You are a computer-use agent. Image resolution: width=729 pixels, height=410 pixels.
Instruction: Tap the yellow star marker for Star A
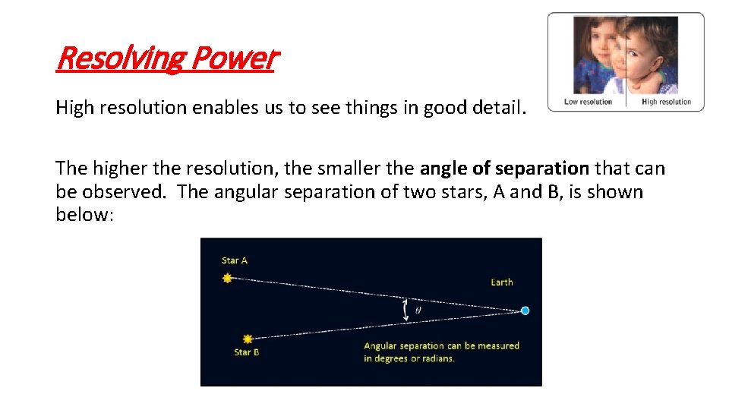pyautogui.click(x=227, y=279)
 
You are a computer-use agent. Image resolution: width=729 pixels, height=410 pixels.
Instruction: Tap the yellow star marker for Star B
pyautogui.click(x=248, y=339)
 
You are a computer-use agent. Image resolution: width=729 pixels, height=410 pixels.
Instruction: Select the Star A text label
pyautogui.click(x=235, y=260)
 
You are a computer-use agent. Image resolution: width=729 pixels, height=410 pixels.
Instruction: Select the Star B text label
pyautogui.click(x=247, y=352)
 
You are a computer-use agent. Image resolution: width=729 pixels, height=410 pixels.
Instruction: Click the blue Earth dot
pyautogui.click(x=525, y=311)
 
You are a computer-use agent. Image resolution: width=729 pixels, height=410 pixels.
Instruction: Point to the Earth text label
pyautogui.click(x=501, y=282)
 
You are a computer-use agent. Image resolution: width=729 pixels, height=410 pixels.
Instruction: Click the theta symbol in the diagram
pyautogui.click(x=418, y=310)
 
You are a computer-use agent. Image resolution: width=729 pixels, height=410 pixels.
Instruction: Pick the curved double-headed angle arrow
pyautogui.click(x=405, y=309)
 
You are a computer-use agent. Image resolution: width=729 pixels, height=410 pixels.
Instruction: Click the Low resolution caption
pyautogui.click(x=588, y=102)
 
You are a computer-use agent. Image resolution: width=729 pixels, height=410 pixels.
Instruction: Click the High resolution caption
pyautogui.click(x=666, y=102)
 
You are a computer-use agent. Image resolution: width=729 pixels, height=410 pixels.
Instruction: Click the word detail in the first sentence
pyautogui.click(x=498, y=108)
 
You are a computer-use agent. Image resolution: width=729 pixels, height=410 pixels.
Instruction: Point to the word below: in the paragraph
pyautogui.click(x=84, y=215)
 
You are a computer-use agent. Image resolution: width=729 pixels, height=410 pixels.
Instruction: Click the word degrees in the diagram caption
pyautogui.click(x=396, y=358)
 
